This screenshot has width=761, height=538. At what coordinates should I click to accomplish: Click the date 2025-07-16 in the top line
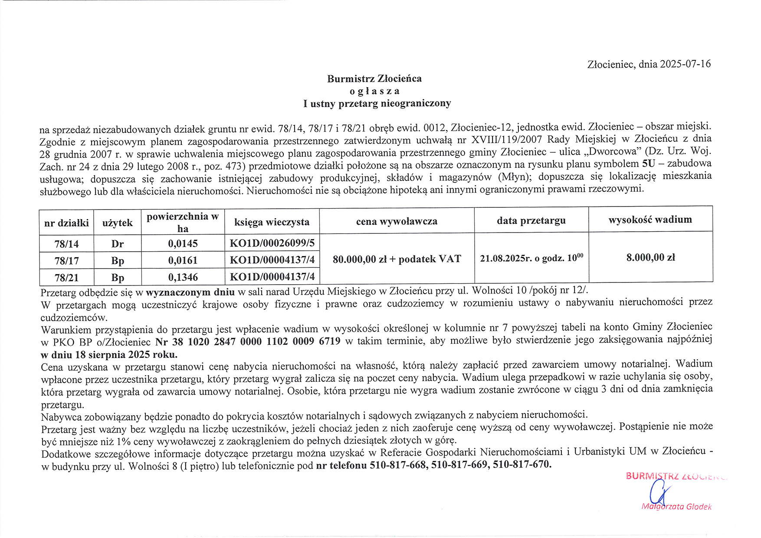click(x=685, y=64)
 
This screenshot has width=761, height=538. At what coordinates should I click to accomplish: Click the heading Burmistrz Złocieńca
click(x=374, y=79)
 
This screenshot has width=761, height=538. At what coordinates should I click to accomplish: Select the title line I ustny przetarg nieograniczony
click(x=377, y=103)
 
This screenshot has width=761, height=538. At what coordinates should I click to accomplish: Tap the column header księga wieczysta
click(x=272, y=222)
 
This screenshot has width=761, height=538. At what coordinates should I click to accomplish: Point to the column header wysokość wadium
click(x=650, y=220)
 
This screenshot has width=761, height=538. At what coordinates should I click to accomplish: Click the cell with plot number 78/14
click(x=66, y=244)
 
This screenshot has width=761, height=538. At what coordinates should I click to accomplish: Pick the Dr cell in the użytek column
click(x=117, y=244)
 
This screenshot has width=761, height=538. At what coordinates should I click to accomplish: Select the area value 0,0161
click(x=183, y=260)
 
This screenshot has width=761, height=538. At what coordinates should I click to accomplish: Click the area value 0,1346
click(x=183, y=277)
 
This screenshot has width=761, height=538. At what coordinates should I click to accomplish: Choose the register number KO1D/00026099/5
click(x=272, y=243)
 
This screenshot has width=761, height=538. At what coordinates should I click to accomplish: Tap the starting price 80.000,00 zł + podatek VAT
click(x=397, y=259)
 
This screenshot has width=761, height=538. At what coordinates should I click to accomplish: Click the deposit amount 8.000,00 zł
click(x=650, y=257)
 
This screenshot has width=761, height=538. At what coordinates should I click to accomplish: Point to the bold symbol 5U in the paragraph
click(x=648, y=164)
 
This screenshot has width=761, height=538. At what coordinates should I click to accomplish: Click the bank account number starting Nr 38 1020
click(x=248, y=341)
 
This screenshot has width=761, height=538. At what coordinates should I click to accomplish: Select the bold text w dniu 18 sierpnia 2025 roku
click(x=109, y=354)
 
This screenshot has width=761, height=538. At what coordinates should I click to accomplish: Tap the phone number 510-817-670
click(x=522, y=464)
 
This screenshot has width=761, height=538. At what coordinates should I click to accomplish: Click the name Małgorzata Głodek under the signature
click(x=676, y=507)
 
